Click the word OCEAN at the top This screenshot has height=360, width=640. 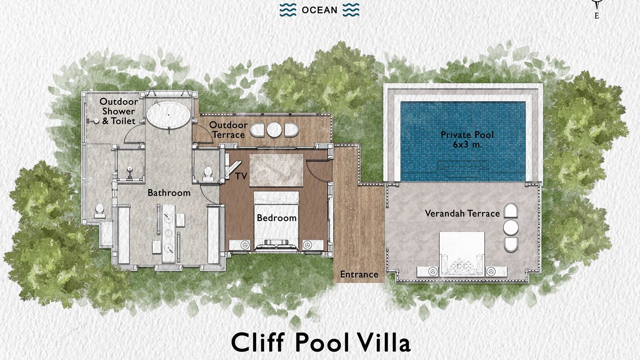coord(319,10)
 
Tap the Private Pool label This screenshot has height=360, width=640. coord(467,135)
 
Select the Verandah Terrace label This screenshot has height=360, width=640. coord(462,214)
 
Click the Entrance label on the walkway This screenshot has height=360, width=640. coord(359,274)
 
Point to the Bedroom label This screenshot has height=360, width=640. coord(276,218)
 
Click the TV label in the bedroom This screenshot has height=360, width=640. coord(241,176)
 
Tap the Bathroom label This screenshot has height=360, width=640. coord(169,193)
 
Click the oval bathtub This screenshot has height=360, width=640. coord(168,114)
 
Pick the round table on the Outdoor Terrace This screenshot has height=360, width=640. coord(275,130)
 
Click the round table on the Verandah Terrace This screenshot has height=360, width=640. coord(510,228)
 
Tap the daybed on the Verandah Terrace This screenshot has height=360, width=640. coord(462,254)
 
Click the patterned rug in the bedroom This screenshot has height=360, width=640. coord(276,170)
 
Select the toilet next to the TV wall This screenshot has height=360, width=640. coord(208,173)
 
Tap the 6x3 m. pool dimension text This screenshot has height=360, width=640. coord(467,145)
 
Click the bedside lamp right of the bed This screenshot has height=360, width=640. coord(307,244)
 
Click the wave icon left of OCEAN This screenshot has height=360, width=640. coord(288,10)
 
